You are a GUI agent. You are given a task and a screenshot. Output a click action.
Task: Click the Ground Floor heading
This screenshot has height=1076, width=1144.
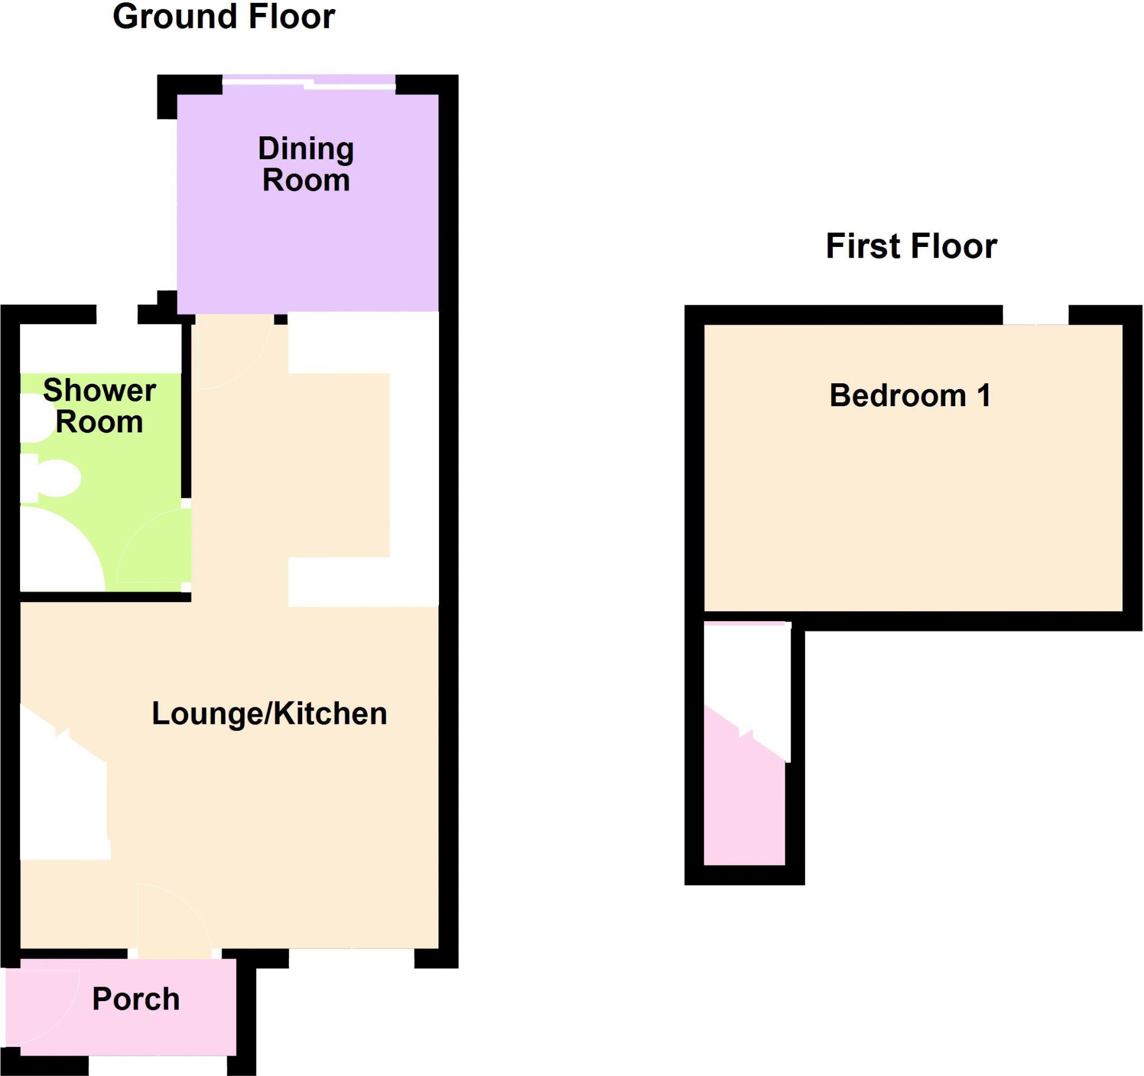224,17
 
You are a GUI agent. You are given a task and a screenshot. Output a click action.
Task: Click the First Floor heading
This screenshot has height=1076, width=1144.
911,246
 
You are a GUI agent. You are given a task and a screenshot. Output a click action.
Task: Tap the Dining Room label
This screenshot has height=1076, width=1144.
306,165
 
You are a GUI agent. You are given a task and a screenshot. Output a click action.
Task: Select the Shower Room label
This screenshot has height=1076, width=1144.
99,406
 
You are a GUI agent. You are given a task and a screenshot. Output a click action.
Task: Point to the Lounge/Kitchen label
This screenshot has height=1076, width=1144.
269,713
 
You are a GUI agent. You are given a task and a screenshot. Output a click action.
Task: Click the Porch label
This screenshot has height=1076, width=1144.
136,999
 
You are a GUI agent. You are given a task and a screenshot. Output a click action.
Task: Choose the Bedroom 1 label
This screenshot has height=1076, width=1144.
910,396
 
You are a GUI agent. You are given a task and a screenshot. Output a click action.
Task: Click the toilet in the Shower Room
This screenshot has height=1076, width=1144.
55,477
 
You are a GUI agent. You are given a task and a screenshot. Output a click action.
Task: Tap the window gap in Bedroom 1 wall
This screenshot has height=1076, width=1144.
1035,315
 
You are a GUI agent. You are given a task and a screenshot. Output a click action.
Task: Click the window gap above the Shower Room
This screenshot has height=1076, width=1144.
117,314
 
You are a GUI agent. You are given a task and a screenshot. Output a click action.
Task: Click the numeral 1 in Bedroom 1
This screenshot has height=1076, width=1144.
985,396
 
